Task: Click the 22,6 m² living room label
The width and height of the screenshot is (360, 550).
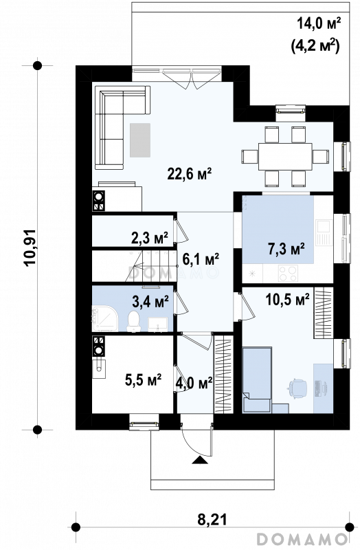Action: click(x=190, y=173)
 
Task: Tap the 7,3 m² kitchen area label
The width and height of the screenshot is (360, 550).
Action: click(x=286, y=249)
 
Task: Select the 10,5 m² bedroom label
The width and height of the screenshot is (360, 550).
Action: click(x=287, y=300)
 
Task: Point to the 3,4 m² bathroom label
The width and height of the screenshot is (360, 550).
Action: click(x=150, y=301)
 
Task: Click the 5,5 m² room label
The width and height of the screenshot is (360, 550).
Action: click(x=143, y=379)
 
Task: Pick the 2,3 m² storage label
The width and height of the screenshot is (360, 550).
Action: click(x=150, y=238)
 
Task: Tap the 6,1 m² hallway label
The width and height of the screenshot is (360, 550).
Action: click(x=201, y=259)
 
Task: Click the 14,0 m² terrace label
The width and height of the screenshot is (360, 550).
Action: click(x=319, y=24)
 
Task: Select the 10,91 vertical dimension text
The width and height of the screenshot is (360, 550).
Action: click(x=30, y=247)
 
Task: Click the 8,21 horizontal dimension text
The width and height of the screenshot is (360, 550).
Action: click(x=212, y=519)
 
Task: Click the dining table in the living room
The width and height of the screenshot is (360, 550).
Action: click(x=285, y=157)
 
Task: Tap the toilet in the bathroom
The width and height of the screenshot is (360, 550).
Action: click(x=133, y=321)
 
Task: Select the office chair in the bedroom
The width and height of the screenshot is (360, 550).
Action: click(x=297, y=388)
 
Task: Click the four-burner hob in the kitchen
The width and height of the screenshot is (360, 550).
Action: click(x=288, y=273)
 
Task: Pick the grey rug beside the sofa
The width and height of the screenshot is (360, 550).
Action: click(x=140, y=140)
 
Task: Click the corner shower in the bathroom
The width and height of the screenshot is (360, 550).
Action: click(x=105, y=318)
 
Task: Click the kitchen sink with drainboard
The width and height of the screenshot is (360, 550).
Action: click(x=324, y=232)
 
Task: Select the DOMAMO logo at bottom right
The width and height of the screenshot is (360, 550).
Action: click(x=302, y=538)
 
